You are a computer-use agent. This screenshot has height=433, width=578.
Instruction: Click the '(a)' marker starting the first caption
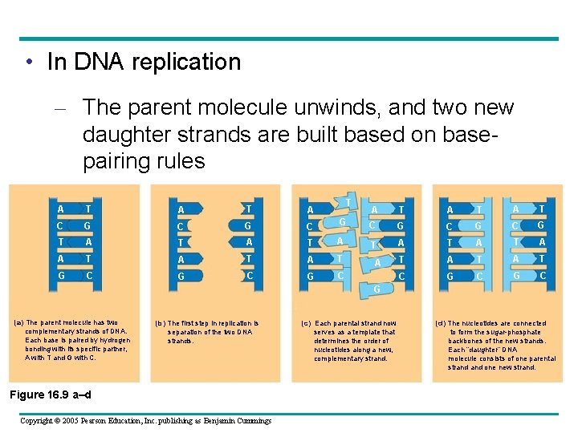pos(18,323)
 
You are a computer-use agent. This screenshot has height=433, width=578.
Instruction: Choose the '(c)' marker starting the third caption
pos(305,323)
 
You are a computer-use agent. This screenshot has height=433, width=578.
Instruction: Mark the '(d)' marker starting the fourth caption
pos(441,323)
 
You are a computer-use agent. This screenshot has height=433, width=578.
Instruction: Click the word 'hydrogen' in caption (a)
pos(114,340)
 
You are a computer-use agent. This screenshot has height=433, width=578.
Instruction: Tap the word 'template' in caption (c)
pos(365,332)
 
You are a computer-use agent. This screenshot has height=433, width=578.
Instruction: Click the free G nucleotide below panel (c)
pos(376,288)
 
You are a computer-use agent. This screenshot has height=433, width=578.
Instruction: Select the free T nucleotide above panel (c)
pos(348,200)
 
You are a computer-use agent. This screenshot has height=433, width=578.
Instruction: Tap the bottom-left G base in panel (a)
pos(60,275)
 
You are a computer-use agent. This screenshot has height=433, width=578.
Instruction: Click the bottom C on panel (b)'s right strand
pos(250,275)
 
